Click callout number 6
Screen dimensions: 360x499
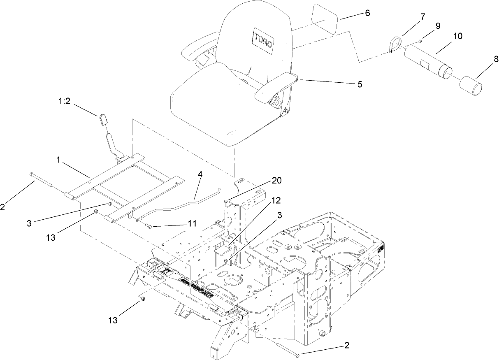pyautogui.click(x=367, y=13)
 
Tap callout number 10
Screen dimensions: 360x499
pyautogui.click(x=457, y=36)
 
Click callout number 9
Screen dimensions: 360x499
pyautogui.click(x=437, y=26)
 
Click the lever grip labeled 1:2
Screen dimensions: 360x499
pyautogui.click(x=103, y=121)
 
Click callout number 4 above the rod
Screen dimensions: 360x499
pyautogui.click(x=200, y=175)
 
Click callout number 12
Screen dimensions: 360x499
pyautogui.click(x=276, y=200)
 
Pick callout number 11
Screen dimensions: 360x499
pyautogui.click(x=191, y=223)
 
